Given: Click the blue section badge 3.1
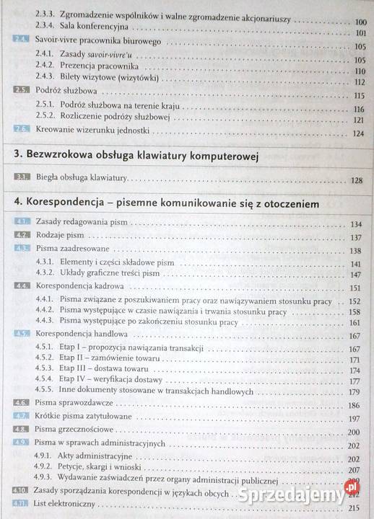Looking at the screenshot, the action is click(x=21, y=178).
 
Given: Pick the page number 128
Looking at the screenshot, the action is click(x=355, y=179).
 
